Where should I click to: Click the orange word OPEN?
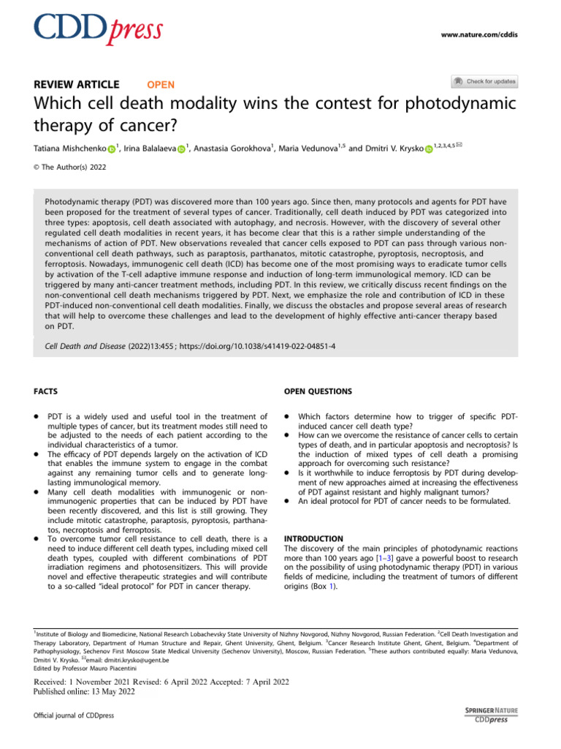(161, 84)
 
